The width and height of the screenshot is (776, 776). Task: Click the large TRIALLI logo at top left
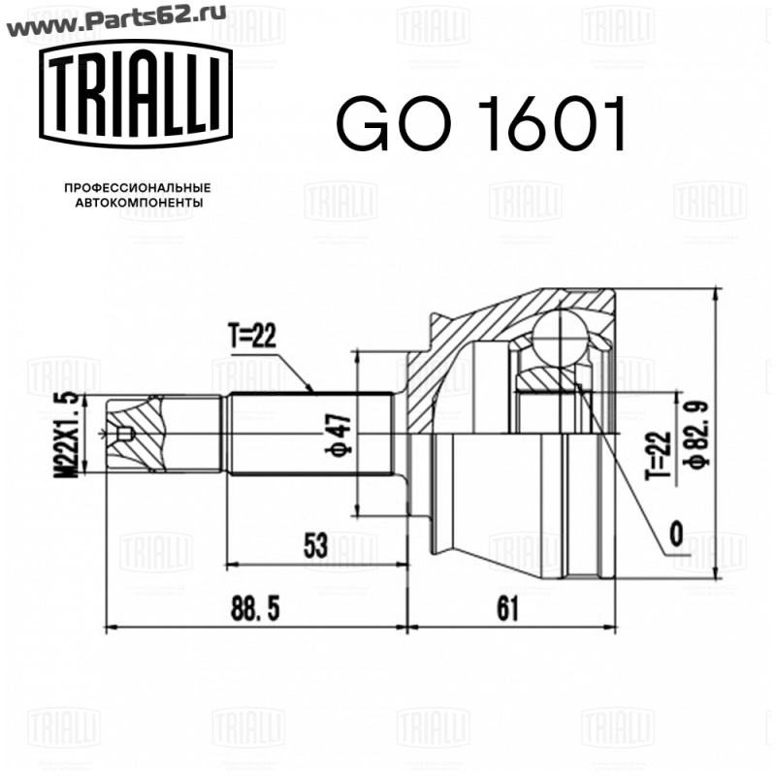tap(136, 94)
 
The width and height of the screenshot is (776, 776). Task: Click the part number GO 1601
tap(481, 123)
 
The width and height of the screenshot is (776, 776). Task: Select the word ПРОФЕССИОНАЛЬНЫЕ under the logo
tap(138, 188)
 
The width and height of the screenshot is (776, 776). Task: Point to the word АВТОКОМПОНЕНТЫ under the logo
tap(139, 203)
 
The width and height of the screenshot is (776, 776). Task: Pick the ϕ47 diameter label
tap(339, 434)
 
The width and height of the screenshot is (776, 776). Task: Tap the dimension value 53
tap(315, 545)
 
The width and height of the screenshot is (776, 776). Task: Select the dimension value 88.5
tap(255, 609)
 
